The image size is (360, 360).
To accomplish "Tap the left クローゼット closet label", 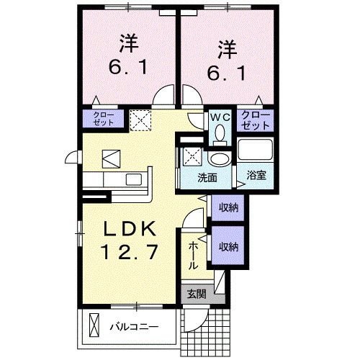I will pos(104,118).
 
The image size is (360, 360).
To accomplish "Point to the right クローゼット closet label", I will pos(255,119).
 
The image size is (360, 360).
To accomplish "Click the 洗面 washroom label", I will pos(207,177).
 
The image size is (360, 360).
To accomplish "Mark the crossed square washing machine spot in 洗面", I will pos(192,155).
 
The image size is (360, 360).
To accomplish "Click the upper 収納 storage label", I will pos(228,207).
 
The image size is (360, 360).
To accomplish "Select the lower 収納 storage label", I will pos(228,247).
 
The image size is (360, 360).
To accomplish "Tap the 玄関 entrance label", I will pos(195,294).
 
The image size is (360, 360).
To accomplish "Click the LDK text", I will pos(130,228).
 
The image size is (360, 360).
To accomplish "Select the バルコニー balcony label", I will pos(132,326).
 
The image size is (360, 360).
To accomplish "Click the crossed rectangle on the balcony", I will pos(92,326).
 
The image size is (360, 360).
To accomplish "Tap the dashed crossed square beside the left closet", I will pos(140,118).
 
